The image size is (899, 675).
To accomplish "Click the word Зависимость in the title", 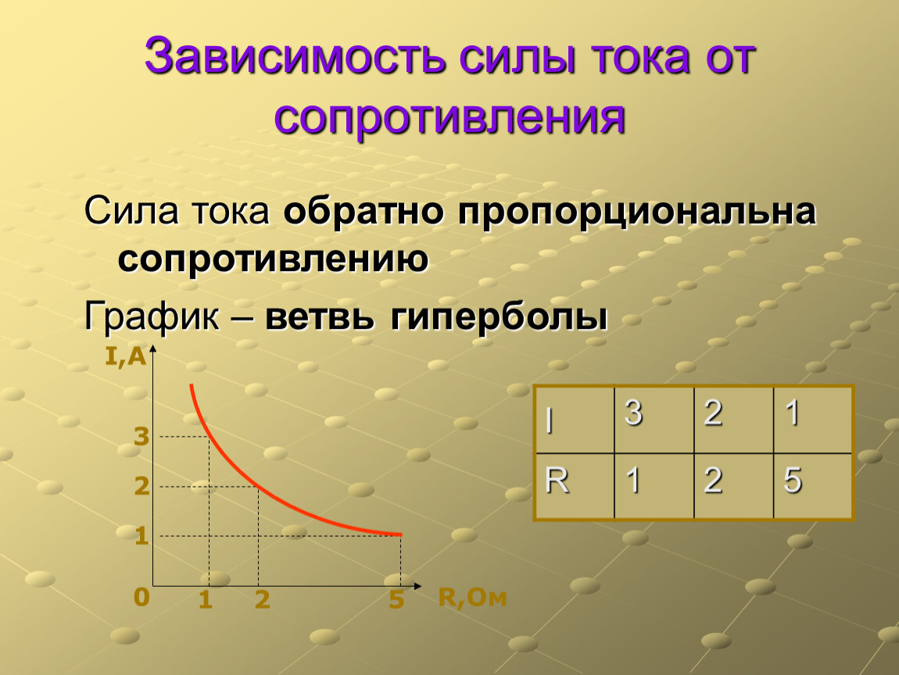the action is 295,55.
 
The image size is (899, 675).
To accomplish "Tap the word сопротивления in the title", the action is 449,119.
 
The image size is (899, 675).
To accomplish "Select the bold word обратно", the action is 364,211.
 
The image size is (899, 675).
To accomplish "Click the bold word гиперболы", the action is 499,317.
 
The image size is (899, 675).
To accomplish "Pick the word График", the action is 152,316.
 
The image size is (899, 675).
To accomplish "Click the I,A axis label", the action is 126,356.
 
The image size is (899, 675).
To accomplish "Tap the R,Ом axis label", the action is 472,597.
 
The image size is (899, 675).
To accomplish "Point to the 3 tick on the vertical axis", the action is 141,437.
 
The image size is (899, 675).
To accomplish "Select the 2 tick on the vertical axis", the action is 141,487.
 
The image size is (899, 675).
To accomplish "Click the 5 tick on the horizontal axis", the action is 396,599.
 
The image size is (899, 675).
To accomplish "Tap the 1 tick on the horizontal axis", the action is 206,600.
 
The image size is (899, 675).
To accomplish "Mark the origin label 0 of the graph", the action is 141,597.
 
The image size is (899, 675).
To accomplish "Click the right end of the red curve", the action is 401,534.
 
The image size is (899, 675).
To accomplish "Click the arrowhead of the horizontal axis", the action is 417,586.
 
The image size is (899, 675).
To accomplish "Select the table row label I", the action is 550,421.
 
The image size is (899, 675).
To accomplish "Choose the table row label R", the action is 557,480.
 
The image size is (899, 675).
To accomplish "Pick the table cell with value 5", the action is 813,487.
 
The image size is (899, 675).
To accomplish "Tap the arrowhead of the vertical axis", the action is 152,349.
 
